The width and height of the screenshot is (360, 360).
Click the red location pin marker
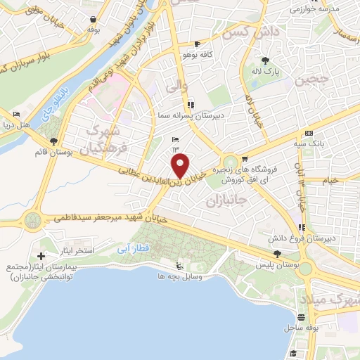[181, 167]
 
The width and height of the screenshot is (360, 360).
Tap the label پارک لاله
[266, 72]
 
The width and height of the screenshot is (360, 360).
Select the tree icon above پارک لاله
[266, 60]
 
